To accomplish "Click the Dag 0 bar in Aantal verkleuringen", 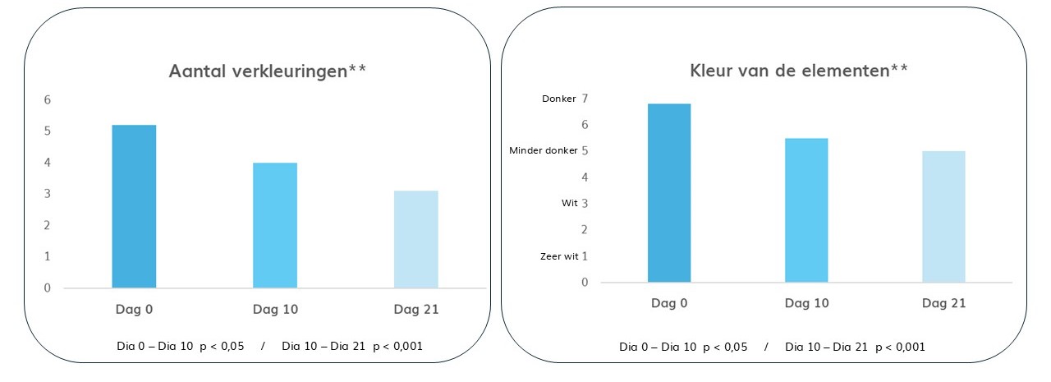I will pos(134,206).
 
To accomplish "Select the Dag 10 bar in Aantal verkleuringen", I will pos(275,225).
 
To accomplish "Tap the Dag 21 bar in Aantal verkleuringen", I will pos(415,239).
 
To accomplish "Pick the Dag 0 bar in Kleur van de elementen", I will pos(669,193).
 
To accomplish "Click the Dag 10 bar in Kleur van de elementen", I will pos(806,210).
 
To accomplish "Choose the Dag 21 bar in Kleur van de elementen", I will pos(943,217).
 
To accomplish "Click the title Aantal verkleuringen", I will pos(267,71).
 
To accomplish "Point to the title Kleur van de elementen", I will pos(798,71).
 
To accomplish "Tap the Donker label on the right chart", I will pos(559,99).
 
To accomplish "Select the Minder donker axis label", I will pos(543,151).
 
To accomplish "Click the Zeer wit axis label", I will pos(559,256).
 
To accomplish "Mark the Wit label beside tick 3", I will pos(570,203).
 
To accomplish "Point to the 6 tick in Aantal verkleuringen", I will pos(48,100).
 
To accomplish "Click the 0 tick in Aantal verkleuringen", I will pos(48,288).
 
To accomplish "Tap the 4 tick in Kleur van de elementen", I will pos(585,177).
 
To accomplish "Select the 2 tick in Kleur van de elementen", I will pos(585,230).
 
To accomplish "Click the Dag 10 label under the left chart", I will pos(275,310).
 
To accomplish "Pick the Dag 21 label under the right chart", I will pos(943,304).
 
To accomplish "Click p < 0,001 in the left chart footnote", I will pos(397,347).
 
